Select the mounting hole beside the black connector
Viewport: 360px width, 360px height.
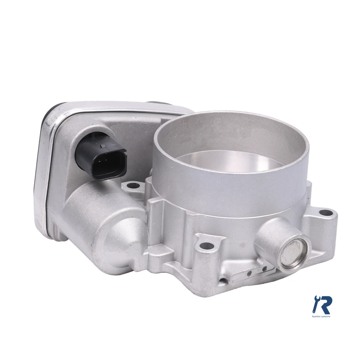coord(132,185)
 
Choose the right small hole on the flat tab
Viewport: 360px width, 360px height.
coord(265,268)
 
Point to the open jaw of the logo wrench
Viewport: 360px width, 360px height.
coord(315,298)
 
